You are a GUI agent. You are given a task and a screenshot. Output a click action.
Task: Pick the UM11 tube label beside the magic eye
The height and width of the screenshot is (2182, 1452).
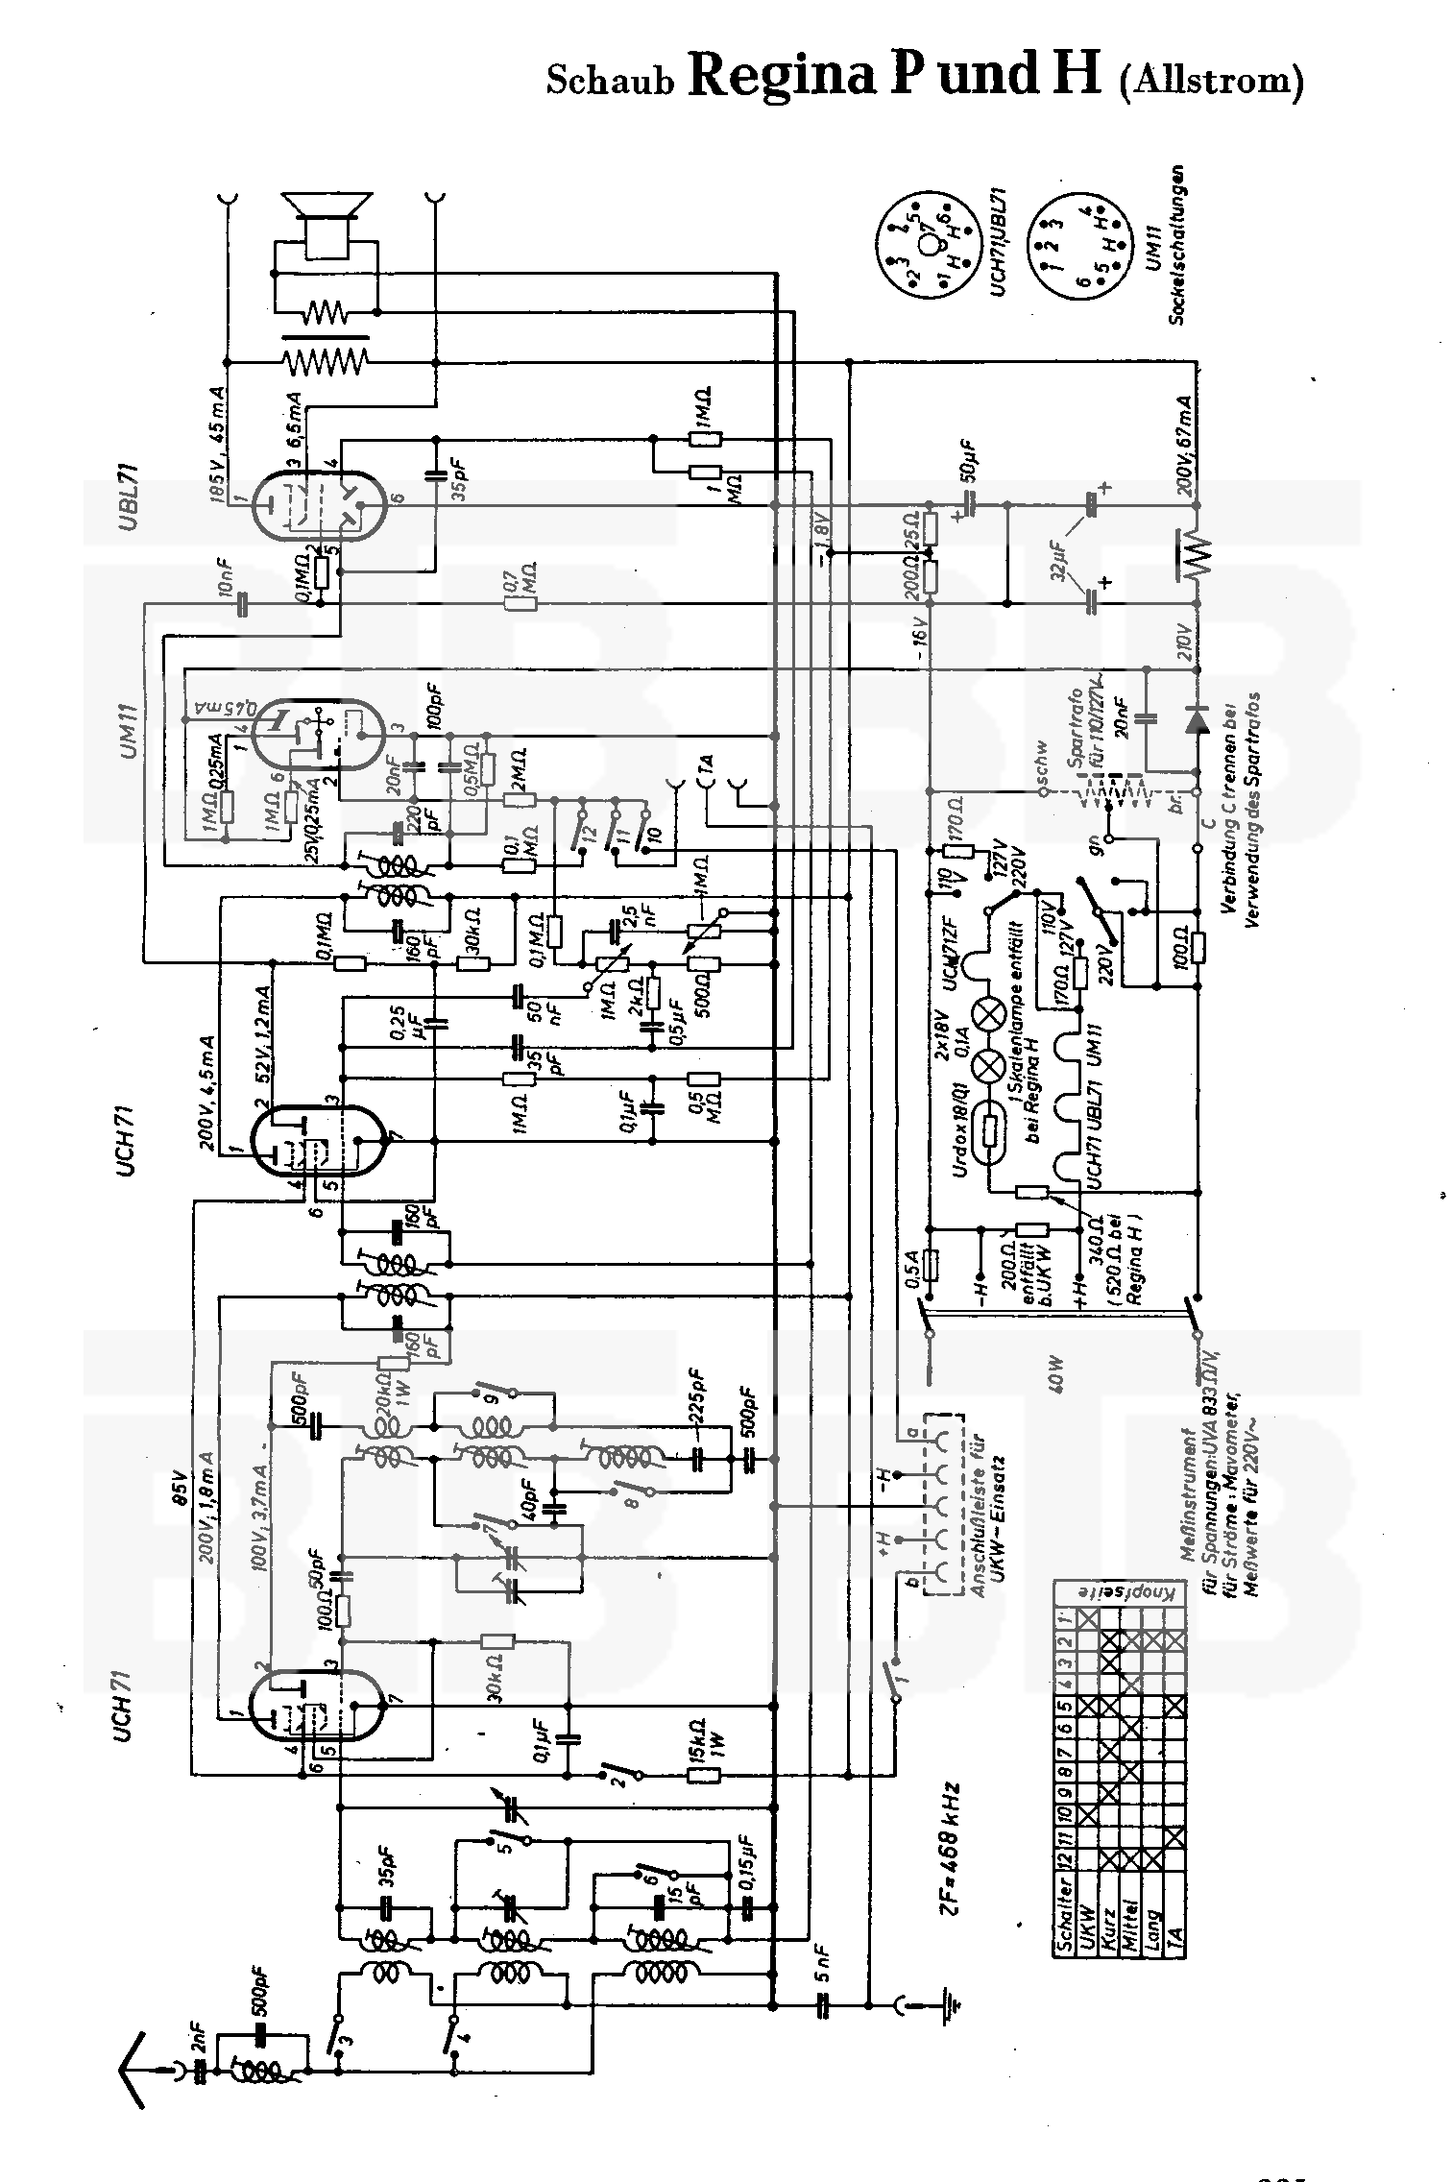131,730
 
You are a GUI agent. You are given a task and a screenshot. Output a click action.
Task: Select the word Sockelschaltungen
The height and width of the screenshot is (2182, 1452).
1177,244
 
